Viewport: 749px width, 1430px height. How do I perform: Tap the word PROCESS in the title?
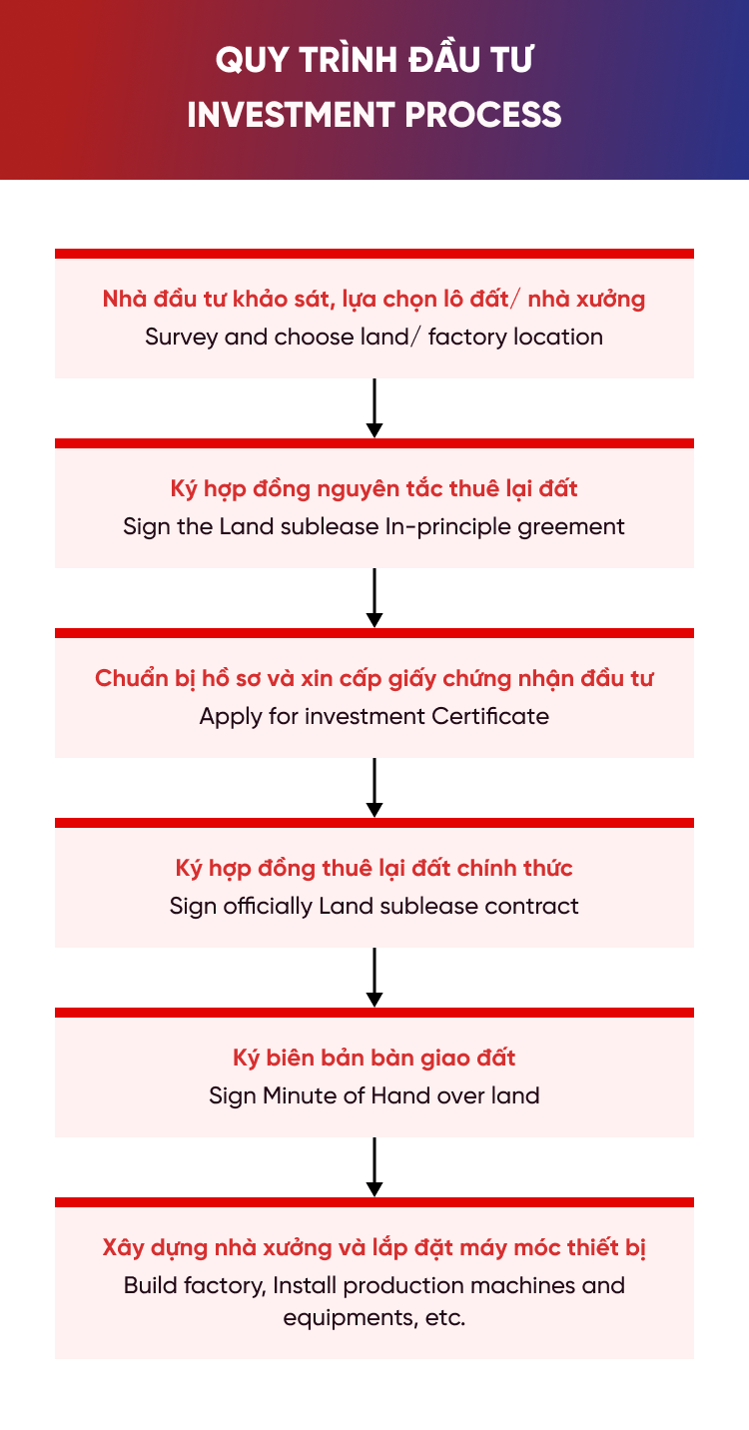pyautogui.click(x=482, y=115)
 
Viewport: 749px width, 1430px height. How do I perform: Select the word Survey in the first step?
pyautogui.click(x=182, y=338)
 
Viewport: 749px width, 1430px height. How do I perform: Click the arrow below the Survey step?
pyautogui.click(x=374, y=408)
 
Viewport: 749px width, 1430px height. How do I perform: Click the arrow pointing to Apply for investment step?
pyautogui.click(x=374, y=597)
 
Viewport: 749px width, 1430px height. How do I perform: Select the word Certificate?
pyautogui.click(x=489, y=716)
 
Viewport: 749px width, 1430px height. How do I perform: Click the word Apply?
pyautogui.click(x=231, y=717)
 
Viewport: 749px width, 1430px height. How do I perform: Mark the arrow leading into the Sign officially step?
pyautogui.click(x=374, y=787)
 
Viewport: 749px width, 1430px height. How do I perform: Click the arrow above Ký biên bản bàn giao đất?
pyautogui.click(x=374, y=977)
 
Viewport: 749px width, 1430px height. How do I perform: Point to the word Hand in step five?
pyautogui.click(x=401, y=1096)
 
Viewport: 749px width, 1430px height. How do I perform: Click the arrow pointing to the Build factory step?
pyautogui.click(x=374, y=1166)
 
